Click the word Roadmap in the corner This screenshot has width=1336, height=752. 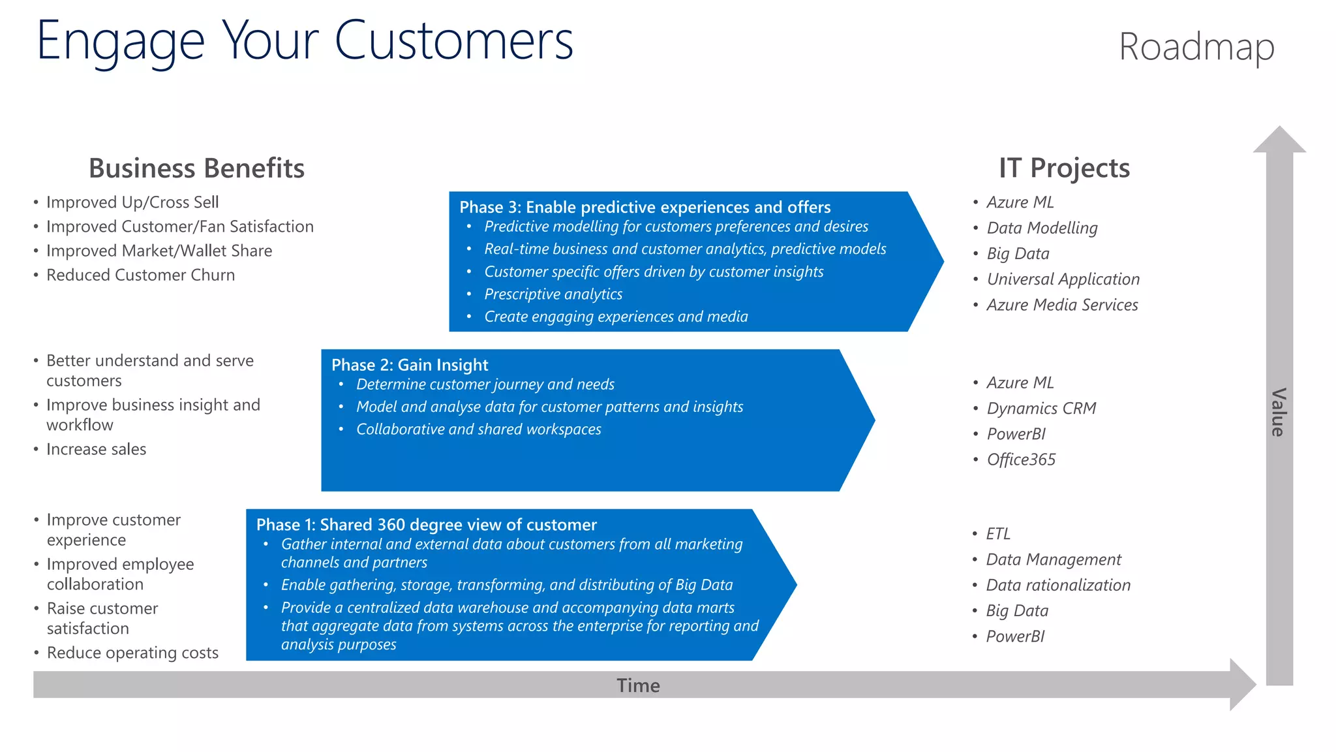coord(1196,47)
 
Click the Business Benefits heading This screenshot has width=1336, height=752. coord(196,168)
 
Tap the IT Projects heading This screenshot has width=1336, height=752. coord(1064,168)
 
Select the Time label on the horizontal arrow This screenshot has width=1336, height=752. coord(638,685)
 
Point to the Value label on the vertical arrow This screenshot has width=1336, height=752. coord(1279,412)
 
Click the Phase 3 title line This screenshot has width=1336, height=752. coord(645,207)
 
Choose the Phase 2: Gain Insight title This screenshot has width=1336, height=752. coord(410,365)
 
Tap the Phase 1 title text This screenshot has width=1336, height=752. coord(426,525)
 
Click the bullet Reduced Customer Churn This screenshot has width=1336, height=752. coord(140,275)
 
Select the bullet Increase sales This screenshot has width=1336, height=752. coord(96,449)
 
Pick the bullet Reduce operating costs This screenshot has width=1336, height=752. coord(132,653)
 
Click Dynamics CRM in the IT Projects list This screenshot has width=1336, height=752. coord(1041,409)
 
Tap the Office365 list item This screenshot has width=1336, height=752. coord(1021,460)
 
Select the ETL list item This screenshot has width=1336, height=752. coord(998,534)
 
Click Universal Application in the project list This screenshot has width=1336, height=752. coord(1063,279)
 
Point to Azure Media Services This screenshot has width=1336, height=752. coord(1062,305)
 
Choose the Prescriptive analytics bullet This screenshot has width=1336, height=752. coord(553,294)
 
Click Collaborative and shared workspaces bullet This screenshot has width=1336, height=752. coord(478,430)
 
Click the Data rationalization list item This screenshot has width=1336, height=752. coord(1058,586)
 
